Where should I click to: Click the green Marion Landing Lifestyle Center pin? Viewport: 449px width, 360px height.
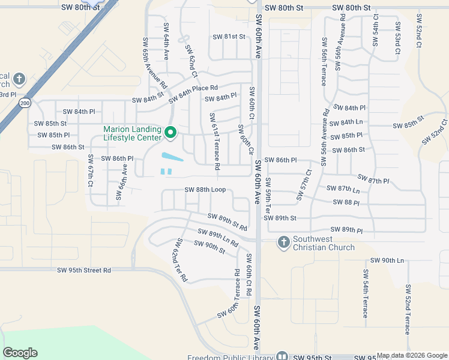(x=170, y=133)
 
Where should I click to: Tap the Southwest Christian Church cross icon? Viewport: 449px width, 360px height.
(x=283, y=242)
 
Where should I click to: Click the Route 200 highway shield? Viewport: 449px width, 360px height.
(x=25, y=103)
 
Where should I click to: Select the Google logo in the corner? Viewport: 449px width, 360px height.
(x=20, y=353)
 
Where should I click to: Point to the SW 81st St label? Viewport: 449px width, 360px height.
(x=229, y=37)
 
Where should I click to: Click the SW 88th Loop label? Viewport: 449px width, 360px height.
(x=205, y=190)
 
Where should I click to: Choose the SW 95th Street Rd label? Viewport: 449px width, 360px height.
(x=84, y=271)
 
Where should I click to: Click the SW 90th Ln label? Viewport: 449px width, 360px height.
(x=387, y=260)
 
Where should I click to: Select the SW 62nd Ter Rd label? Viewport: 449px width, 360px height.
(x=180, y=260)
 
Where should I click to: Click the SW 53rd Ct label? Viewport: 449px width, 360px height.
(x=397, y=40)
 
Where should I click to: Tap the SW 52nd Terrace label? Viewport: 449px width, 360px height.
(x=408, y=310)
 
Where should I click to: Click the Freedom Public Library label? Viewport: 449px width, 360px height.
(x=229, y=358)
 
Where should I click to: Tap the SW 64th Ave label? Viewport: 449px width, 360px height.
(x=166, y=42)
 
